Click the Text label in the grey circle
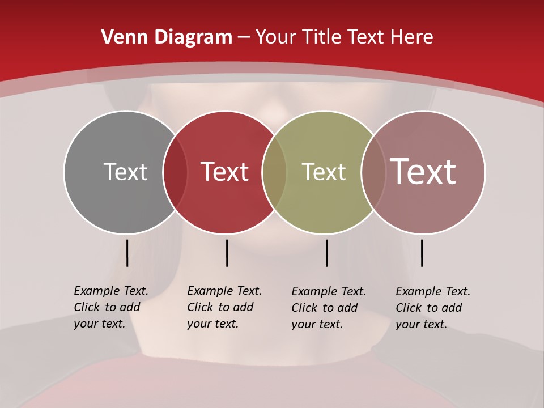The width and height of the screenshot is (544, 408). click(x=125, y=172)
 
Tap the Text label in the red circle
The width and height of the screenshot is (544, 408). click(x=225, y=172)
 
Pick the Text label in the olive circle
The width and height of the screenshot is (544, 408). click(x=324, y=172)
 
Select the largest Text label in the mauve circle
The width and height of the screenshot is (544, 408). click(x=423, y=172)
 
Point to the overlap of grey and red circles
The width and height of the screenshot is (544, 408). click(x=175, y=172)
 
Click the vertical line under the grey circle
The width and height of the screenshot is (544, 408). click(x=127, y=253)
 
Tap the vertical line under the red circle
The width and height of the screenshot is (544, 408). click(x=227, y=253)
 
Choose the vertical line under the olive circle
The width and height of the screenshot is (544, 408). click(x=326, y=253)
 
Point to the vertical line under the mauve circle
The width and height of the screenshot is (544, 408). click(x=422, y=253)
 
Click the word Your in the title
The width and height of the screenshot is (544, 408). click(x=277, y=37)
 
